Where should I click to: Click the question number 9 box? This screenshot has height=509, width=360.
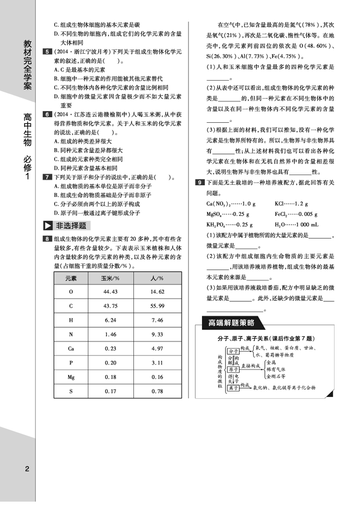pos(199,183)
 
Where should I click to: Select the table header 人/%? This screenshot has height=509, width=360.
pos(157,278)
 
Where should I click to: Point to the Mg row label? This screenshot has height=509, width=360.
pos(71,377)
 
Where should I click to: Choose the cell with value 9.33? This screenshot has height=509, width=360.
pos(157,334)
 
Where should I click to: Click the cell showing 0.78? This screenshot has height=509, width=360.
pos(157,391)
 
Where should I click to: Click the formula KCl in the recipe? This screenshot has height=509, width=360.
pos(280,203)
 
